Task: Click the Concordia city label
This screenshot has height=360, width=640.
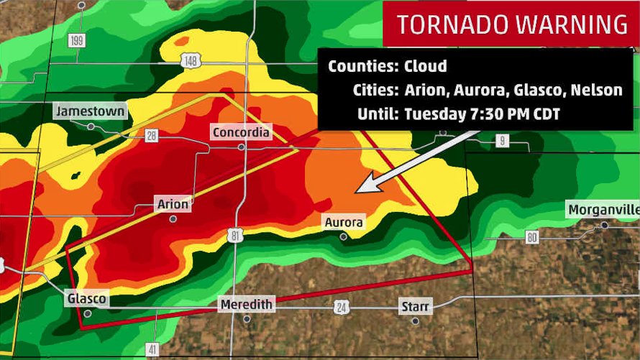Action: coord(241,132)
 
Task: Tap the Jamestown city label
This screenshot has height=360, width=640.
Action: coord(91,111)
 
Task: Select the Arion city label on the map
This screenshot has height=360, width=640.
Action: coord(173,205)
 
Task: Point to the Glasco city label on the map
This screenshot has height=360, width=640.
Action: coord(87,299)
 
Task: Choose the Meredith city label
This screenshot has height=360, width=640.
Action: coord(247,305)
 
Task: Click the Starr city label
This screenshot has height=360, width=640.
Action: coord(416,308)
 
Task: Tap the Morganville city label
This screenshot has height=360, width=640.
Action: coord(603,210)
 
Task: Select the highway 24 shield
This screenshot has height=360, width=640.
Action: coord(341,308)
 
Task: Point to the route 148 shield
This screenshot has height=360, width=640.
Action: coord(191,62)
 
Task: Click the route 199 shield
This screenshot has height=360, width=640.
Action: coord(77,40)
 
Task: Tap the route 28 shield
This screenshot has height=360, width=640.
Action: coord(152,136)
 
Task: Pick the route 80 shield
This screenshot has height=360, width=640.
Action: coord(531,236)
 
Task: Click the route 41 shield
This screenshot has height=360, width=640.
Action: coord(152,350)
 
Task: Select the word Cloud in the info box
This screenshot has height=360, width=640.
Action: coord(426,66)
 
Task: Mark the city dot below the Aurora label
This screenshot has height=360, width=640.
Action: coord(344,236)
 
